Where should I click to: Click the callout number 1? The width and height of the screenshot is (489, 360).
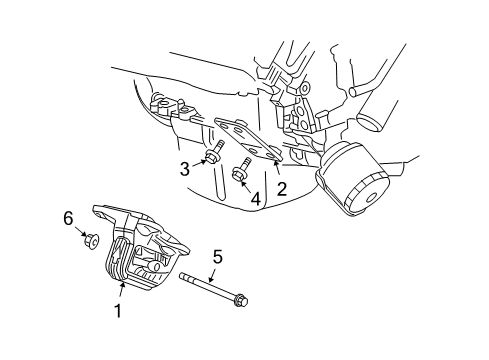tap(117, 311)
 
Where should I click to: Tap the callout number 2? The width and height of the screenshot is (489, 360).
tap(281, 188)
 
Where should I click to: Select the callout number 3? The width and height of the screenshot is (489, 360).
tap(185, 169)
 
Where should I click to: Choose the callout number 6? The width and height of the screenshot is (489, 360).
tap(69, 217)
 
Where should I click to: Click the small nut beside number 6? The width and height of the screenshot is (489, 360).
tap(89, 240)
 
